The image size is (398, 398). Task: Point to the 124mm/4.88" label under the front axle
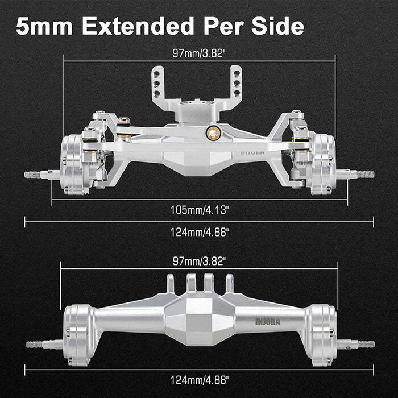point(199,231)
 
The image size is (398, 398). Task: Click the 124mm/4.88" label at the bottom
point(199,380)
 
